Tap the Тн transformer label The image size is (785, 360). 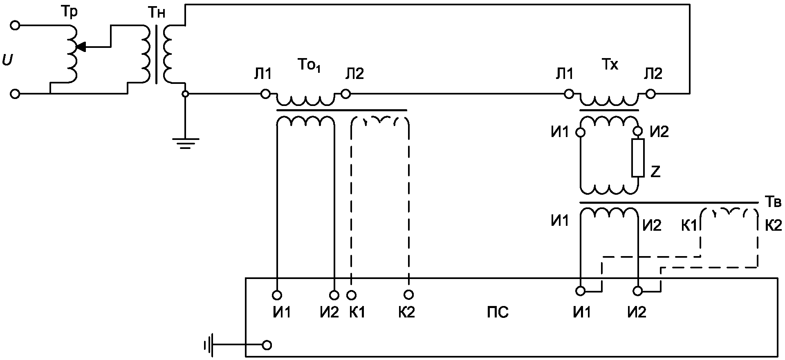(156, 13)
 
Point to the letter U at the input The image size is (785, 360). (7, 61)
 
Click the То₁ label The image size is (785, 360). (308, 66)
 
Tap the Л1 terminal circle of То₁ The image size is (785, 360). (265, 94)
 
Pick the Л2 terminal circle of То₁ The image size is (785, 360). (345, 94)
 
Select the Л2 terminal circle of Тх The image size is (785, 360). (650, 94)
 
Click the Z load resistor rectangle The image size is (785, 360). (638, 157)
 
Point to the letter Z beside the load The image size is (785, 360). (655, 172)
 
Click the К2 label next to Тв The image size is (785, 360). (773, 225)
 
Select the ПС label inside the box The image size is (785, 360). (498, 313)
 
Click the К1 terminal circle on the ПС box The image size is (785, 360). (351, 295)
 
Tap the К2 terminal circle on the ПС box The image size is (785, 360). (408, 295)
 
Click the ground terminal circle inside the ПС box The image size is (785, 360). (267, 345)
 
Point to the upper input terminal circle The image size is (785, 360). (15, 25)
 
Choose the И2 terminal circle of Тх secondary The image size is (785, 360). (638, 132)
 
